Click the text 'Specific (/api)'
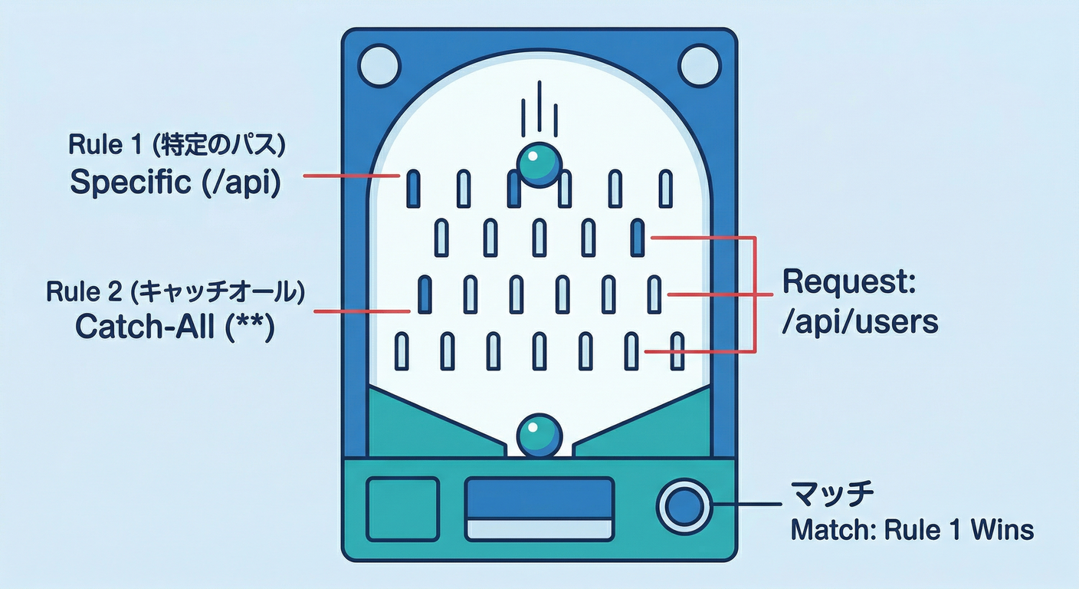pyautogui.click(x=174, y=182)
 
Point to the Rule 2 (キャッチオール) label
pyautogui.click(x=175, y=291)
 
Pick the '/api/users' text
pyautogui.click(x=859, y=322)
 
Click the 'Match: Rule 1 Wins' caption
pyautogui.click(x=912, y=529)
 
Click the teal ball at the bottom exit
pyautogui.click(x=539, y=436)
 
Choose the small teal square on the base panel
pyautogui.click(x=403, y=508)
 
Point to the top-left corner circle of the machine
pyautogui.click(x=379, y=64)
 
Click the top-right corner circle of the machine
pyautogui.click(x=699, y=64)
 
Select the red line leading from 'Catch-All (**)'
pyautogui.click(x=362, y=311)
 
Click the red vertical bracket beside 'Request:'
pyautogui.click(x=756, y=294)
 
